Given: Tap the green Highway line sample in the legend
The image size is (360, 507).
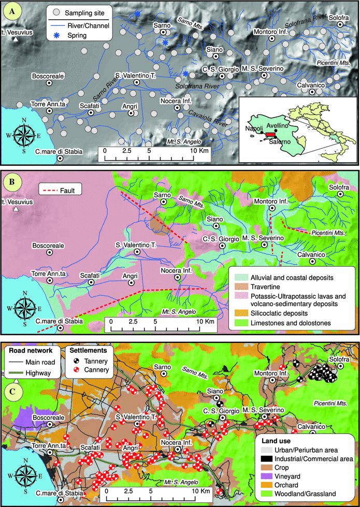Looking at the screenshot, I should tap(18, 372).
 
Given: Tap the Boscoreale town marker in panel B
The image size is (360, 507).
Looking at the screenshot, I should tap(50, 253).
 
